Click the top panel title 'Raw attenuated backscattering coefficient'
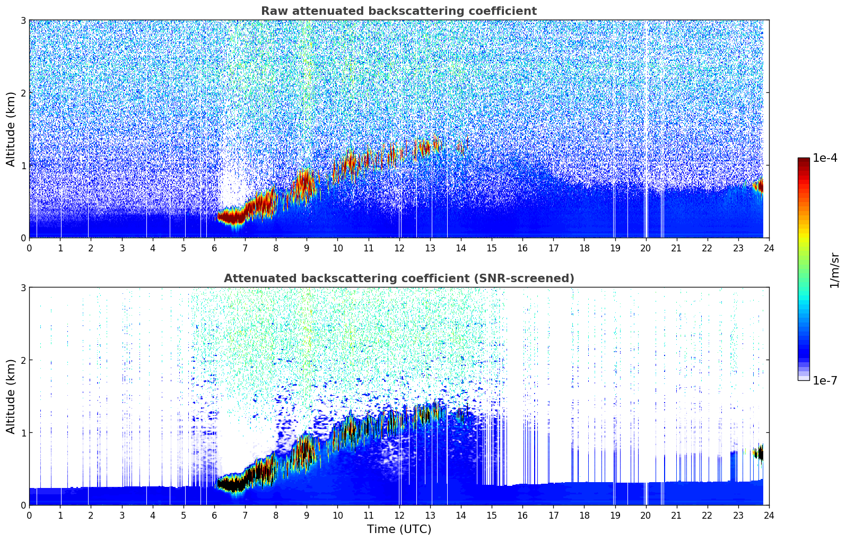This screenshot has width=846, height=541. (398, 11)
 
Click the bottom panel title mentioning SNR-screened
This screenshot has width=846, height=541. (398, 278)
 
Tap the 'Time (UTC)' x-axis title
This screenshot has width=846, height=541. (399, 529)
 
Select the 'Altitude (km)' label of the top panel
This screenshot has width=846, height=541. (11, 129)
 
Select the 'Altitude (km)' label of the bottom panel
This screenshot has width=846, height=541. (11, 396)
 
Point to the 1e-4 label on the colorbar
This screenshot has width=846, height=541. (825, 158)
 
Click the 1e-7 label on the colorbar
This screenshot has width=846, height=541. (825, 380)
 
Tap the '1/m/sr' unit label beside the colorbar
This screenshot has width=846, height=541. (834, 270)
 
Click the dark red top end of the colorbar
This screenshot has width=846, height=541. (804, 160)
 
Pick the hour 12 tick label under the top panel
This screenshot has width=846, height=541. (399, 248)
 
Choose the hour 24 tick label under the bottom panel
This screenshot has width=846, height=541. (769, 516)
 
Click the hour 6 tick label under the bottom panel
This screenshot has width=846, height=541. (214, 516)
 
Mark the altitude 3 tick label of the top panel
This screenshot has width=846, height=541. (23, 20)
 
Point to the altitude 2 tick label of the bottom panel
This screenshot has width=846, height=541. (23, 360)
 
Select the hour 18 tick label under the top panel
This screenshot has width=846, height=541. (584, 248)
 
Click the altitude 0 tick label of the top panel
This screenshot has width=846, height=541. (23, 238)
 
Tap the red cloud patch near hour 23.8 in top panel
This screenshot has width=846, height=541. (760, 186)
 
